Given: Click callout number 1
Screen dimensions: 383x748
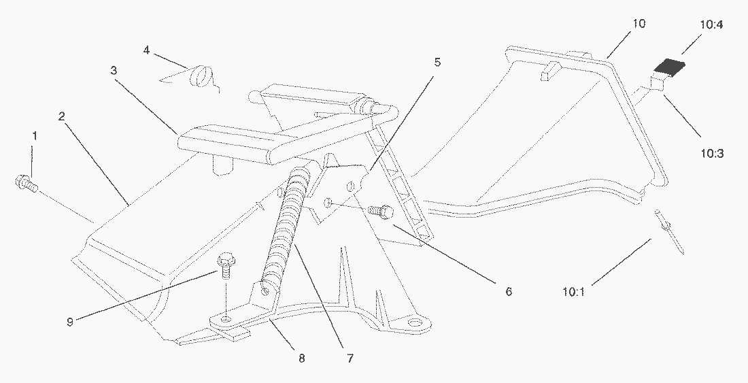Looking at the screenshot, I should (35, 135).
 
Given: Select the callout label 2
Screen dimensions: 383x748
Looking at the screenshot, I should (61, 116).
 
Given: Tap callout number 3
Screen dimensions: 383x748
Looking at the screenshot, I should (114, 71).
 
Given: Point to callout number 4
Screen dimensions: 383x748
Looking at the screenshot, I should (147, 50).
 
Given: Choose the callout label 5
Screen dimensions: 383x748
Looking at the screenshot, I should (437, 63).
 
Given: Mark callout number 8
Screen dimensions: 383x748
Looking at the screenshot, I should (301, 358).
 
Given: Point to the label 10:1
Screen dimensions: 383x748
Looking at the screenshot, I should (574, 293).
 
